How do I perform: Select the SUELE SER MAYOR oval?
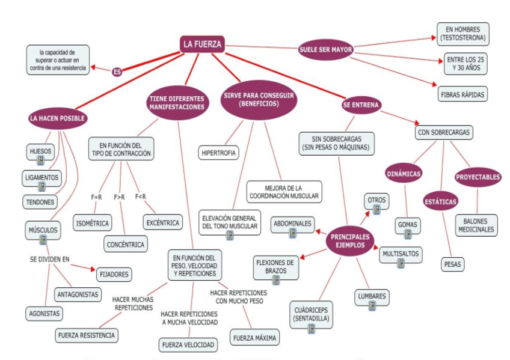(325, 49)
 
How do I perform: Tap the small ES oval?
(117, 72)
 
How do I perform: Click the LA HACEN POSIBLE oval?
(58, 118)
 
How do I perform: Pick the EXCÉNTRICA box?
(162, 222)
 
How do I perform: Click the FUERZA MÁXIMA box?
(254, 338)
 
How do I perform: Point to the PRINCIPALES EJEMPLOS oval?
(350, 240)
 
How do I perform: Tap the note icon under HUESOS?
(41, 160)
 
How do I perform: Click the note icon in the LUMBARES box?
(372, 306)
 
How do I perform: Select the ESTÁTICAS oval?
(441, 201)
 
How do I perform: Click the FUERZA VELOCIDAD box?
(188, 345)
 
